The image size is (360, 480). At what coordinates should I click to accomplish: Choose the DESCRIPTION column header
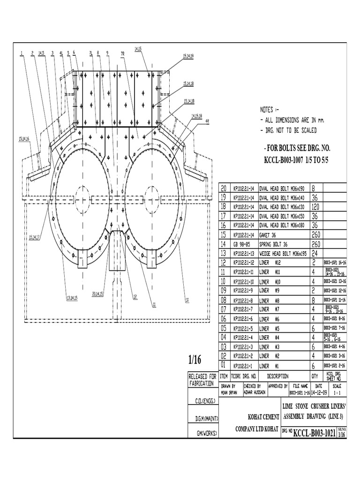[278, 376]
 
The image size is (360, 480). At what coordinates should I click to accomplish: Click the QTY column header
[315, 376]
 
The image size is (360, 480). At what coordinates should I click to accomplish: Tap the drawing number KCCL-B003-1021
[314, 434]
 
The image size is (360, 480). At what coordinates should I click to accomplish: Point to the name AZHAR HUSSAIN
[255, 391]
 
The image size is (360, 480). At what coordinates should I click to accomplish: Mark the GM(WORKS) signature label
[203, 434]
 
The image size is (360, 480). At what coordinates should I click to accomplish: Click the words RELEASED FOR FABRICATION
[202, 379]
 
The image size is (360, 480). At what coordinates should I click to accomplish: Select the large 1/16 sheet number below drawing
[194, 360]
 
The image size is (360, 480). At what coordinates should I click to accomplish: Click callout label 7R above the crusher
[123, 53]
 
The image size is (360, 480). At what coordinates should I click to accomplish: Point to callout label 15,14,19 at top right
[187, 56]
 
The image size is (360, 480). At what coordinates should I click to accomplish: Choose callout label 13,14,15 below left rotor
[72, 297]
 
